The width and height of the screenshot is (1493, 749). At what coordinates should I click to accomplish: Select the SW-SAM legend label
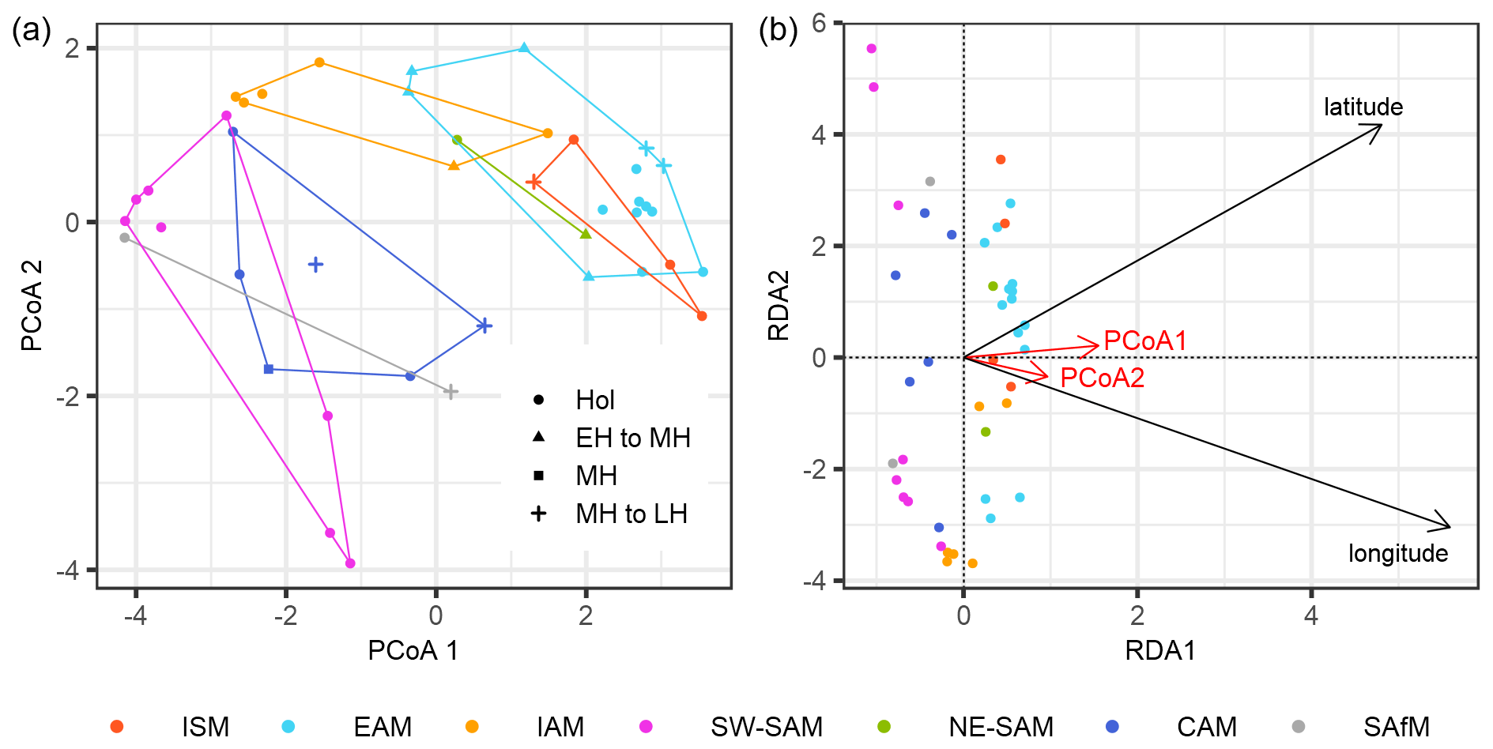(x=766, y=726)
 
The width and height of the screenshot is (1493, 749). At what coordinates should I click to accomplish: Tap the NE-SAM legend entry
(x=1001, y=726)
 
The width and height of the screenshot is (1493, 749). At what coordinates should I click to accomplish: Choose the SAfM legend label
(x=1396, y=726)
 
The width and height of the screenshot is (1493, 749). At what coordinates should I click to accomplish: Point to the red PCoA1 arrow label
(x=1145, y=341)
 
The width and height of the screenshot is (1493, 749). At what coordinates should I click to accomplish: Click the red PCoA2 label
(x=1102, y=378)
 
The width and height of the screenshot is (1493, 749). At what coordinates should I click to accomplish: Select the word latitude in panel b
(x=1363, y=107)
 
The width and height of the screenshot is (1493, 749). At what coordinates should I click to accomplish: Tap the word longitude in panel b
(x=1397, y=553)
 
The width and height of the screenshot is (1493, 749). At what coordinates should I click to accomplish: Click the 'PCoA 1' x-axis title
(x=413, y=650)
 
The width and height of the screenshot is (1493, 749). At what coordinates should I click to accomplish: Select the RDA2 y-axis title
(x=779, y=305)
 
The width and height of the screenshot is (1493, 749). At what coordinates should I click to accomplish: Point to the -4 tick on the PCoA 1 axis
(x=135, y=615)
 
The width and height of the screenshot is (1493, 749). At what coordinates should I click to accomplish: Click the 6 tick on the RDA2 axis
(x=819, y=23)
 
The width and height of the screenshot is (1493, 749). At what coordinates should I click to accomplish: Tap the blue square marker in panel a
(x=269, y=369)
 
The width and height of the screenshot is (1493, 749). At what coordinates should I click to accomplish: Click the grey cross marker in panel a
(x=450, y=392)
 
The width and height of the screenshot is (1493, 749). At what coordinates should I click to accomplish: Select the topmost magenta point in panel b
(x=872, y=49)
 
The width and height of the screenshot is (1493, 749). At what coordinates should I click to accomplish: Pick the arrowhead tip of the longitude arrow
(x=1450, y=526)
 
